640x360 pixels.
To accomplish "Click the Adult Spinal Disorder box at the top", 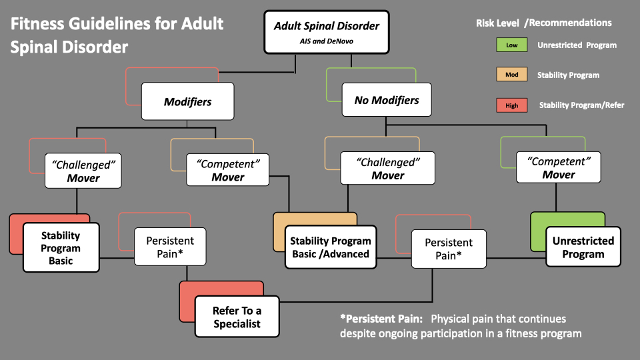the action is tap(327, 32).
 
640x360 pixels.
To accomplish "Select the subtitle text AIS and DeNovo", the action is tap(327, 41).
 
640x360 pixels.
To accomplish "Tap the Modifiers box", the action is tap(188, 101).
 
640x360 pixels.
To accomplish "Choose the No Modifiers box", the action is tap(387, 99).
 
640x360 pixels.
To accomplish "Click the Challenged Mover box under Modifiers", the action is tap(83, 171).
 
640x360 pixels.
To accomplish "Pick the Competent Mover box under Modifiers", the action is tap(228, 170).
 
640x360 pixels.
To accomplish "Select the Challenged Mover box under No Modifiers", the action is tap(388, 168).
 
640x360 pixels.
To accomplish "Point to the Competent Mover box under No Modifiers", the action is tap(559, 167).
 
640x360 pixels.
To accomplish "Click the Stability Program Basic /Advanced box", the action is tap(331, 247).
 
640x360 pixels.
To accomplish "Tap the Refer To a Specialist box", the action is tap(237, 317).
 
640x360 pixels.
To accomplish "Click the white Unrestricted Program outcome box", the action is tap(583, 247).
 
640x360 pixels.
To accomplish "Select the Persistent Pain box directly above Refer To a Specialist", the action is tap(170, 247).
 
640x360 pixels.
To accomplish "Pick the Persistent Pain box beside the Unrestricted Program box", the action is tap(449, 249).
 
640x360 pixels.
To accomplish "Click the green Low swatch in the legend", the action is tap(512, 45).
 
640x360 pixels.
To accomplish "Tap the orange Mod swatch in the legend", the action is tap(512, 74).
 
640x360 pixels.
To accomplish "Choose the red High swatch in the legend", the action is tap(512, 105).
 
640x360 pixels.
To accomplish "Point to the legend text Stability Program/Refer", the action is tap(581, 105).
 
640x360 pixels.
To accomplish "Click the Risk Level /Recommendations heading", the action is tap(544, 23).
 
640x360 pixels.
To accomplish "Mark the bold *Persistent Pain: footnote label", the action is tap(381, 319).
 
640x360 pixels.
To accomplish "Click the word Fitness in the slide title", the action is tap(37, 24).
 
